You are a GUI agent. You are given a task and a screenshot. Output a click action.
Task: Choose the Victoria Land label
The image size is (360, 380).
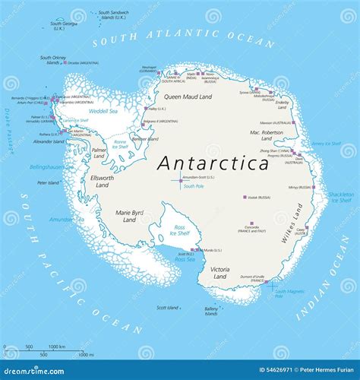coord(219,272)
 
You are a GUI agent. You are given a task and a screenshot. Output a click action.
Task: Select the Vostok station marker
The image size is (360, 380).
coord(245,197)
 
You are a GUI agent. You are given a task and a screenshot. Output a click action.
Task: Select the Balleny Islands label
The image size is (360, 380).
coord(213,311)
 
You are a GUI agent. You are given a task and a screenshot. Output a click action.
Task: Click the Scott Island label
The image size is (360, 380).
coord(167,308)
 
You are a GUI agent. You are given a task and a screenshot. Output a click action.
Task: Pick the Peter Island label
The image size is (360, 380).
coord(49,182)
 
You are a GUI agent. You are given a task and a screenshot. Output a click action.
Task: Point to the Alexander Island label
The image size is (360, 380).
coord(49,141)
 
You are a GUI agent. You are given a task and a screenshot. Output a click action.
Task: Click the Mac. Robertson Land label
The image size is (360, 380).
coord(266,136)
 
